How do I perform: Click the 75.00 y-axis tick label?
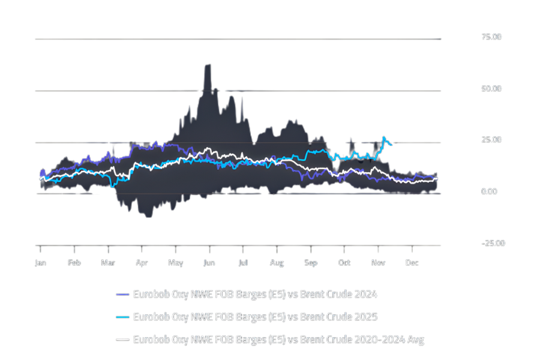click(491, 37)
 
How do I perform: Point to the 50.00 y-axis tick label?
click(491, 89)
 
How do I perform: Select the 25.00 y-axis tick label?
click(491, 140)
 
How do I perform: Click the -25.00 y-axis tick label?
click(493, 243)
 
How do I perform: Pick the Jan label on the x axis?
click(40, 263)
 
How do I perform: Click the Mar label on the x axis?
click(108, 263)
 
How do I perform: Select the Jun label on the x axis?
click(209, 263)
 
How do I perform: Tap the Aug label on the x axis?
click(277, 263)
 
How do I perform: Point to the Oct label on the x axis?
click(344, 263)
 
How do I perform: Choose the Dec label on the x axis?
click(412, 263)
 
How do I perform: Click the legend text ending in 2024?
click(255, 294)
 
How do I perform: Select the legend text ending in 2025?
click(255, 317)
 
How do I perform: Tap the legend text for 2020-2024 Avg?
click(278, 340)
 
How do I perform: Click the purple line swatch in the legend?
click(122, 294)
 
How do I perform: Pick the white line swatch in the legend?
click(122, 340)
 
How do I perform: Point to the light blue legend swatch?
click(122, 317)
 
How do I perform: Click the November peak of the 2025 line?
click(384, 137)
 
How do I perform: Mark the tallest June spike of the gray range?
click(208, 65)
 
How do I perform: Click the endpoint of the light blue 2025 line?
click(392, 145)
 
